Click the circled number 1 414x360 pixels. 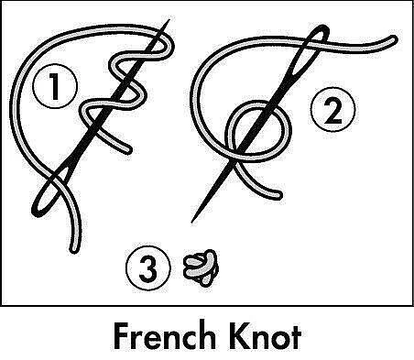(x=55, y=86)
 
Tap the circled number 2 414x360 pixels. (x=332, y=110)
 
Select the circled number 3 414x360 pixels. (x=148, y=268)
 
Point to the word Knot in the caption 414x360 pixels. (x=264, y=336)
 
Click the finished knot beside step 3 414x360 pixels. (x=201, y=267)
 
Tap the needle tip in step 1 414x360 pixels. (x=169, y=20)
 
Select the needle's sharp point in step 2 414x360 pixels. (x=192, y=222)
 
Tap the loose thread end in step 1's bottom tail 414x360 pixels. (x=73, y=249)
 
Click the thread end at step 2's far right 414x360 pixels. (x=394, y=39)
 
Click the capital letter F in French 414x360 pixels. (x=122, y=336)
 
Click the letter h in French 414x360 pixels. (x=206, y=336)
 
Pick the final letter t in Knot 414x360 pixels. (x=296, y=338)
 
